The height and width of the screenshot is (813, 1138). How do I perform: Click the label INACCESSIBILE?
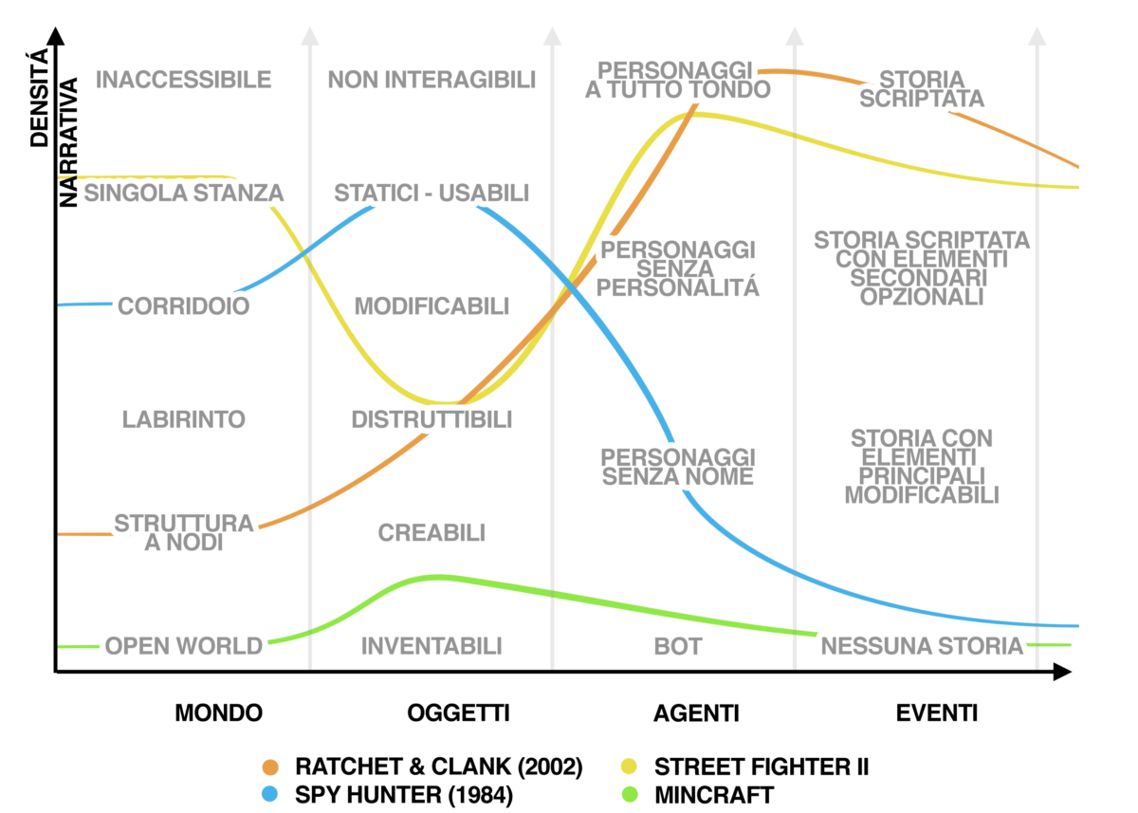185,80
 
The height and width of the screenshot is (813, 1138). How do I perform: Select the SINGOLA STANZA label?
184,194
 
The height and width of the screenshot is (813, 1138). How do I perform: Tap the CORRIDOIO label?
184,305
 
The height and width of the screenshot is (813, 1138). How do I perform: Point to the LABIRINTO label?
184,418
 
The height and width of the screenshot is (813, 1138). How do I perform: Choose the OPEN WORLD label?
184,646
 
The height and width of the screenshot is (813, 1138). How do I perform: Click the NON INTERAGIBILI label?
431,80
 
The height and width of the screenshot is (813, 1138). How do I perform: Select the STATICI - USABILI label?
431,194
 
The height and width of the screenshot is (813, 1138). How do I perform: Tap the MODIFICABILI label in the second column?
432,306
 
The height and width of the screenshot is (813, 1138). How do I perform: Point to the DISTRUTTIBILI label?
431,418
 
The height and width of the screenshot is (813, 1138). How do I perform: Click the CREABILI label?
432,532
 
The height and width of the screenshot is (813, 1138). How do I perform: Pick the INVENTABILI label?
431,646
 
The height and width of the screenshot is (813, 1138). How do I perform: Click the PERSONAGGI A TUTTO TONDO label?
678,80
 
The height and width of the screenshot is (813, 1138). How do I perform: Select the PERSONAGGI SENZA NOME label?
678,467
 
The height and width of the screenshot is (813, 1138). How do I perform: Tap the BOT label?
678,647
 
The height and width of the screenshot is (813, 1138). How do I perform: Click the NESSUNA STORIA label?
923,646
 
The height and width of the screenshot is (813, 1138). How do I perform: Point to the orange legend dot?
270,767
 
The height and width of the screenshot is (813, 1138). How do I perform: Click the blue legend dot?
270,793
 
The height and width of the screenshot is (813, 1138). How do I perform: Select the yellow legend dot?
629,767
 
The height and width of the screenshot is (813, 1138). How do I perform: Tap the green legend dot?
629,793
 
